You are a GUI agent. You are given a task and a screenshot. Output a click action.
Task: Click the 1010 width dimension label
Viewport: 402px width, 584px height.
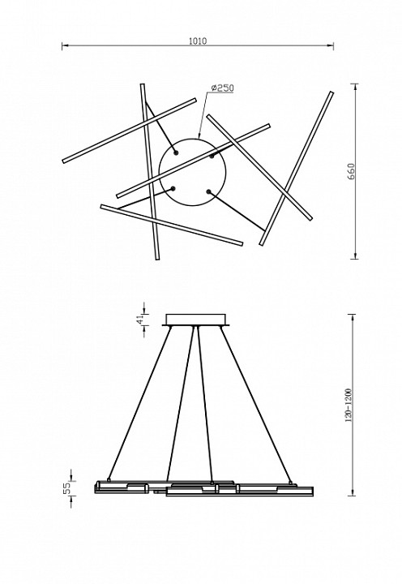[x=198, y=41]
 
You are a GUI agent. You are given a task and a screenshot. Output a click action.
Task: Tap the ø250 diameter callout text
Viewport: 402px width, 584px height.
[x=222, y=88]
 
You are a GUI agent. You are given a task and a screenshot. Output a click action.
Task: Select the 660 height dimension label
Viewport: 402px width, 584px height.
[x=352, y=171]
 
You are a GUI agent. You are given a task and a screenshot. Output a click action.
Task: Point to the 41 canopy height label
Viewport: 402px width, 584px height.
[x=140, y=320]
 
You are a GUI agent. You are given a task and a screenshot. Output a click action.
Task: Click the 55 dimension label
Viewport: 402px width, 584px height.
[x=66, y=488]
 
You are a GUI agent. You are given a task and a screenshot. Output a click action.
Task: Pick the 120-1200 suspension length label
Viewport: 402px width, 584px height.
[x=349, y=406]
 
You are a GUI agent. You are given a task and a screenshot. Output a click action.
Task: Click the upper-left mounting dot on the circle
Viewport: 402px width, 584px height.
[x=176, y=152]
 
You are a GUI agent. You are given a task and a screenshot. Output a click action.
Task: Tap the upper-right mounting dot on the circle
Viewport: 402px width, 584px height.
[x=212, y=157]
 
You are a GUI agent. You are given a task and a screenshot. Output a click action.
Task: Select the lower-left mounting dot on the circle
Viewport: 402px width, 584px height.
[x=173, y=188]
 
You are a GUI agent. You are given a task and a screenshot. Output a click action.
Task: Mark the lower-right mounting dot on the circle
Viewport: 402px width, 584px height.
[x=208, y=191]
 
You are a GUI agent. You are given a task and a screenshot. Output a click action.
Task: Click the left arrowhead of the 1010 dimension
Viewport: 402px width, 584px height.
[x=65, y=45]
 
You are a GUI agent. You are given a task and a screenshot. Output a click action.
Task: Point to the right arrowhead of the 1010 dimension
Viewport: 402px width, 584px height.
[x=330, y=45]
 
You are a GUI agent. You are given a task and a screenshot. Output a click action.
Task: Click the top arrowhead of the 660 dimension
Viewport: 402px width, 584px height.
[x=356, y=87]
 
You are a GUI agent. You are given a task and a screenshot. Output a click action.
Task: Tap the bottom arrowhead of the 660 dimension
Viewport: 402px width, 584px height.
[x=356, y=255]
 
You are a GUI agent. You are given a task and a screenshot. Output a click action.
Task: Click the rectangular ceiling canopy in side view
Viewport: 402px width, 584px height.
[x=196, y=320]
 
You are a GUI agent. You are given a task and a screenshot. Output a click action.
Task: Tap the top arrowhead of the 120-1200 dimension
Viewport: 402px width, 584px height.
[x=352, y=318]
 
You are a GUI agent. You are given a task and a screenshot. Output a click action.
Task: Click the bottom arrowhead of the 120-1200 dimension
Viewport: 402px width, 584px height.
[x=352, y=492]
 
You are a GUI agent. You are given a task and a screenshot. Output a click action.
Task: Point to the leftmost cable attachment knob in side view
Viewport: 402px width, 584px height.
[x=109, y=479]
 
